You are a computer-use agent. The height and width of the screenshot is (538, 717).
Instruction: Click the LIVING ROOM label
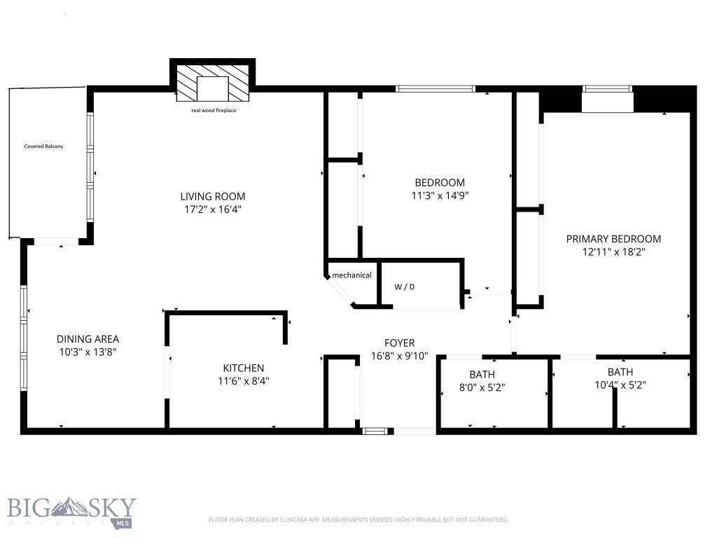click(x=213, y=197)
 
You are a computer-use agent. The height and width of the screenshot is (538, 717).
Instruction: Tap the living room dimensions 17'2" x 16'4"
click(x=213, y=209)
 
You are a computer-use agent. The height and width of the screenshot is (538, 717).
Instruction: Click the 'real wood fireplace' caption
click(x=213, y=111)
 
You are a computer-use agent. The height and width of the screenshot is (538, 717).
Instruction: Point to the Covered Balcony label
click(x=43, y=146)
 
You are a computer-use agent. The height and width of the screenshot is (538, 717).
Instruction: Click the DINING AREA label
click(x=88, y=339)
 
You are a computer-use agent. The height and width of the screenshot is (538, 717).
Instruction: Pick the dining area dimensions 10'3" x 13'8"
click(x=88, y=352)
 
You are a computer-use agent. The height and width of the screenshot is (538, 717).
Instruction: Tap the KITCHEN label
click(x=244, y=368)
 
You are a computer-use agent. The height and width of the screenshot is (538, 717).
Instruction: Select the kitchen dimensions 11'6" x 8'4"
click(x=244, y=382)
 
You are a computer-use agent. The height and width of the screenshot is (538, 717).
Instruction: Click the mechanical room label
click(x=351, y=275)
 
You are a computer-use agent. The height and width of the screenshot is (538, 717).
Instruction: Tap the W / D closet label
click(x=405, y=287)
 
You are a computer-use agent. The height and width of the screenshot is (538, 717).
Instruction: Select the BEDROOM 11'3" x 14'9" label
click(x=439, y=183)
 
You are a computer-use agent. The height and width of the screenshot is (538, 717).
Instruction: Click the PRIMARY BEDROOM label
click(x=613, y=239)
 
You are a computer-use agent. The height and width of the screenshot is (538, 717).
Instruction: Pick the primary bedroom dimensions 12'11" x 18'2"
click(x=613, y=252)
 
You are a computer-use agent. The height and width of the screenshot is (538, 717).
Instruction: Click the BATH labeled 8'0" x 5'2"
click(x=482, y=375)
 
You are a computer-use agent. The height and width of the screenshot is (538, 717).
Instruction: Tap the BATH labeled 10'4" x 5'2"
click(x=620, y=372)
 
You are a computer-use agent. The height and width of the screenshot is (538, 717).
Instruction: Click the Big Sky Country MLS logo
click(x=71, y=511)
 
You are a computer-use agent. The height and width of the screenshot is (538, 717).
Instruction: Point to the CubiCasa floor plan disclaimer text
click(x=358, y=520)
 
